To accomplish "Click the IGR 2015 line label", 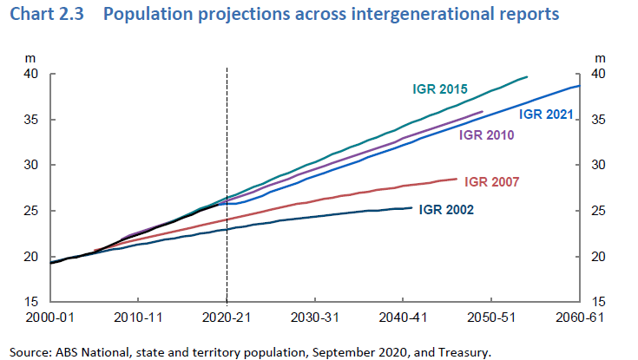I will pos(440,88).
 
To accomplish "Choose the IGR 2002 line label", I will pos(447,209).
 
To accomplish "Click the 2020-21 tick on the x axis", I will pos(227,317).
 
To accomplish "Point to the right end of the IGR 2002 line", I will pos(411,207).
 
